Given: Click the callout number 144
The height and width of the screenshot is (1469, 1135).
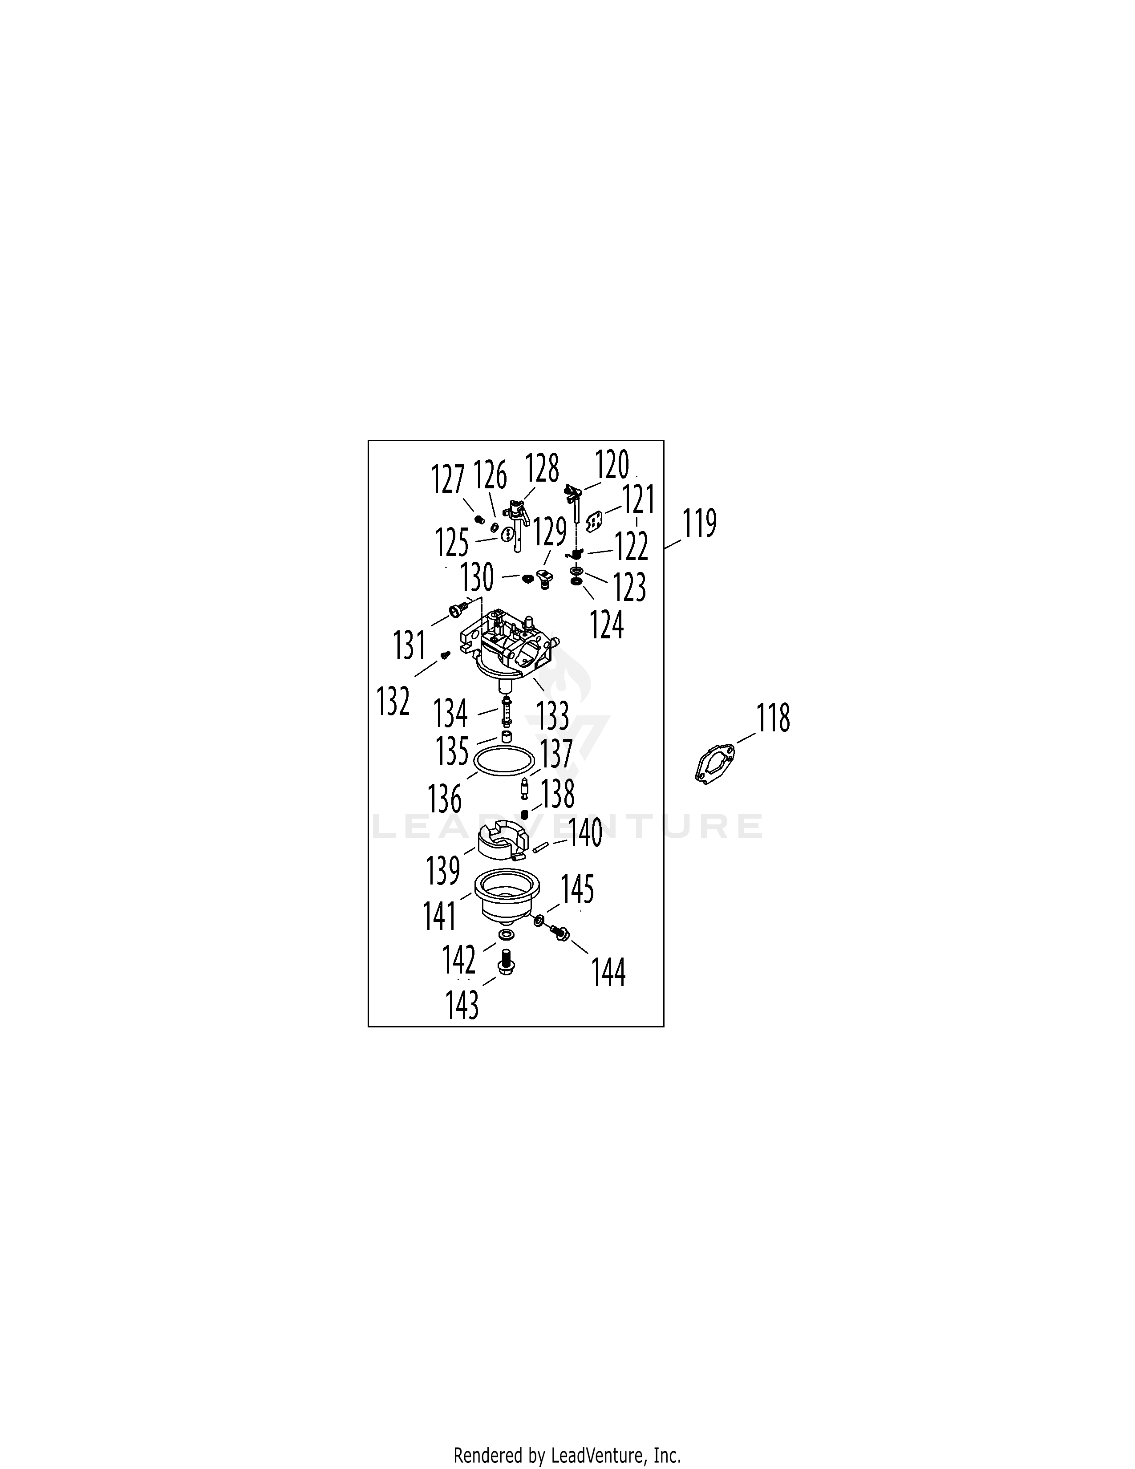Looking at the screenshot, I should [x=608, y=973].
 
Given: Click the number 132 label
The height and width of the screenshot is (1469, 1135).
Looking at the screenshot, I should [x=393, y=701].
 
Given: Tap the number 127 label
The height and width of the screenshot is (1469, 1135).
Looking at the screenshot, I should [x=448, y=479].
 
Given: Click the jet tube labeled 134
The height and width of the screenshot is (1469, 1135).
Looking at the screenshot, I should [x=507, y=711].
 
